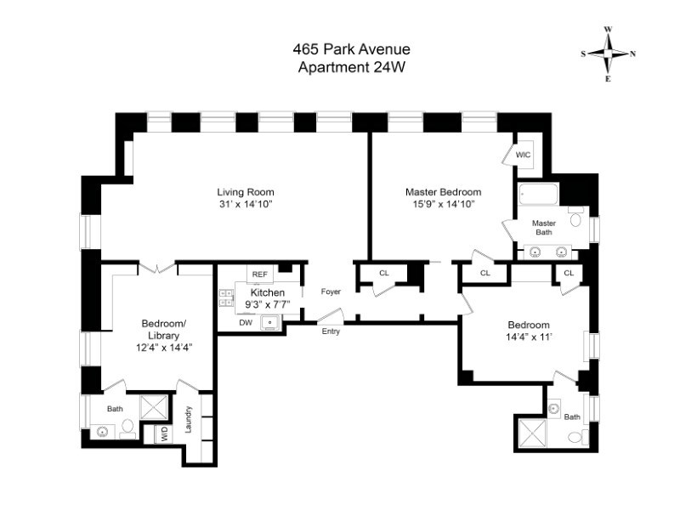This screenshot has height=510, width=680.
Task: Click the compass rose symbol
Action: (609, 54)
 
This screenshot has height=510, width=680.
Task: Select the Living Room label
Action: (246, 191)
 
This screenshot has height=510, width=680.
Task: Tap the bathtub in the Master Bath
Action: (538, 195)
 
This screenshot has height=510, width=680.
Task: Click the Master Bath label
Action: (543, 228)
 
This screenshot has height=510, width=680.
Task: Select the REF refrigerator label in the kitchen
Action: (259, 275)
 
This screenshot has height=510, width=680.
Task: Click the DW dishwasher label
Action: (245, 323)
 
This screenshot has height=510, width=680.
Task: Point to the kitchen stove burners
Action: (227, 297)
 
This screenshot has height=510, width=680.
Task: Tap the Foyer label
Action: (331, 292)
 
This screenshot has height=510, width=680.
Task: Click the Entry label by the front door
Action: (331, 331)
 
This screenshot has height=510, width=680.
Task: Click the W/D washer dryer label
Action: (161, 433)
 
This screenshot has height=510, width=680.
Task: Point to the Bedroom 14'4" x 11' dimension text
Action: (529, 337)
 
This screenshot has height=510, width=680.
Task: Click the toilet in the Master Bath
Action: (575, 220)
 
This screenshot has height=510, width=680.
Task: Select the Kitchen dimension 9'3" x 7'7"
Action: (268, 304)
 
